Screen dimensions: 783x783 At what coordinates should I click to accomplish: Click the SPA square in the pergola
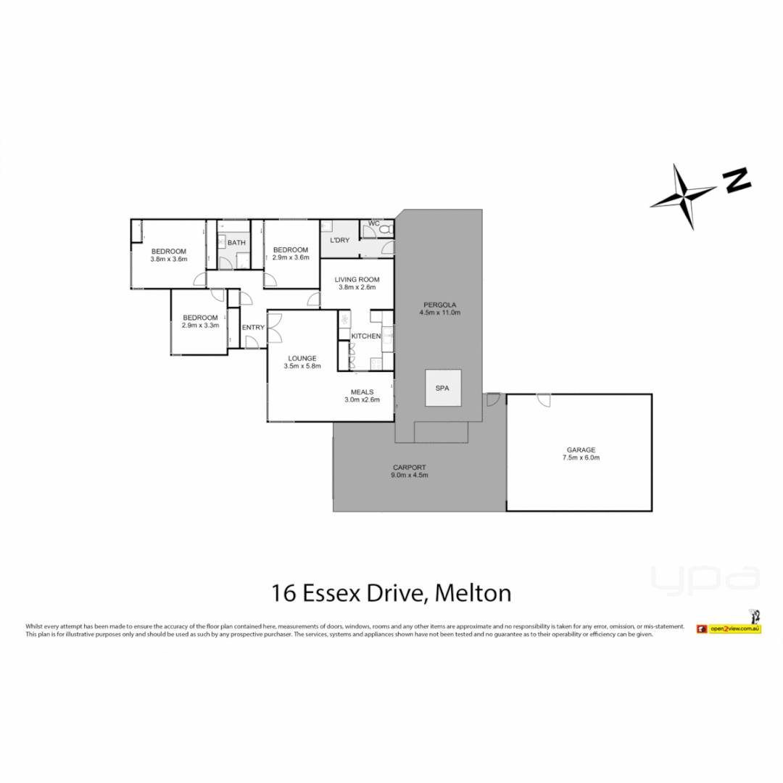pos(442,389)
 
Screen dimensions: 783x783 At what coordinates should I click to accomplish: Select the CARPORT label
pos(410,467)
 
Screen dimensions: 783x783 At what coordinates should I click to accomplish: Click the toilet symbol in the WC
pos(385,229)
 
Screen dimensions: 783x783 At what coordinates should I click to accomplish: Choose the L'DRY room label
pos(339,240)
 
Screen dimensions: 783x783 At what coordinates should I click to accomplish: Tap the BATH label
pos(236,243)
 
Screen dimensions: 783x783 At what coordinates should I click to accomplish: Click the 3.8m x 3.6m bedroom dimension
pos(168,260)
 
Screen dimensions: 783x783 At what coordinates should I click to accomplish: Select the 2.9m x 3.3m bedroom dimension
pos(200,326)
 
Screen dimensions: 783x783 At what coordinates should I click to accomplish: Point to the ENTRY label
pos(253,328)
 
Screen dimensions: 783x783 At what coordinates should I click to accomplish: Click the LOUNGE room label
pos(302,357)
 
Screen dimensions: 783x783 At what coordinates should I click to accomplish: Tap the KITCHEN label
pos(365,336)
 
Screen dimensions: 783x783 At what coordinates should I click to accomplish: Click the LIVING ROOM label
pos(358,279)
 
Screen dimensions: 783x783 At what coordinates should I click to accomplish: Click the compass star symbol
pos(684,195)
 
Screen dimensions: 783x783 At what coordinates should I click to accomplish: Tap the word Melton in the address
pos(474,593)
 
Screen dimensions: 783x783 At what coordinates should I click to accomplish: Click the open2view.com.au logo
pos(728,628)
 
